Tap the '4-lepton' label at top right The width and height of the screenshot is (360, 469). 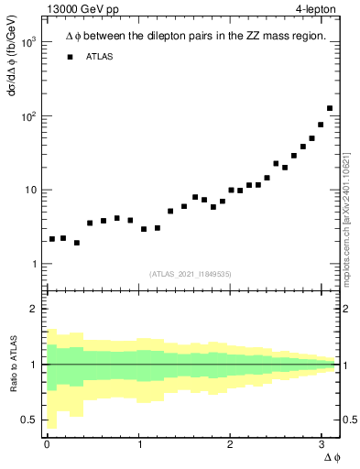tap(316, 10)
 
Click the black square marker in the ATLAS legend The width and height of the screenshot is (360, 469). tap(70, 57)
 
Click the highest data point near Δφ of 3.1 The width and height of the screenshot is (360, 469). tap(330, 108)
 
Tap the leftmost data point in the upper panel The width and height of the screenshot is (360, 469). tap(52, 239)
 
